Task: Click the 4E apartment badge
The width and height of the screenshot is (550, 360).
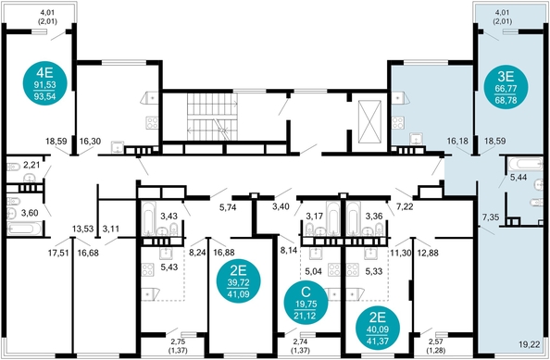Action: coord(44,84)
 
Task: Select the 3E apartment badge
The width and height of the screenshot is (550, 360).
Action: coord(506,87)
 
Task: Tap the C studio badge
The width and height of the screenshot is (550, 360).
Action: coord(306,303)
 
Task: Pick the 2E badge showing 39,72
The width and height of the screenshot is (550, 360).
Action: coord(239,281)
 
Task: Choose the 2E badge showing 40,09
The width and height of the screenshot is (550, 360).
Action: coord(378,329)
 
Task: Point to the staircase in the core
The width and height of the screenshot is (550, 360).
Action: coord(212,117)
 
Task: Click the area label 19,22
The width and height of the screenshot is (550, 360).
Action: coord(529,344)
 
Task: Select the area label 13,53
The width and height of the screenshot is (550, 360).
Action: coord(82,229)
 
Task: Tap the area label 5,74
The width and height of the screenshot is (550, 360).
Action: coord(228,207)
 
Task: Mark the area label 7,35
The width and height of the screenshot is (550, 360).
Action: coord(491,217)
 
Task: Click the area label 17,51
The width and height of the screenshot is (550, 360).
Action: coord(58,253)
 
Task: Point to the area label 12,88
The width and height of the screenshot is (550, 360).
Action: coord(429,253)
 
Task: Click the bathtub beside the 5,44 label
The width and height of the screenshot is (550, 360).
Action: coord(525,164)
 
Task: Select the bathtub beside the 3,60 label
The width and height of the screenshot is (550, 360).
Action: coord(24,229)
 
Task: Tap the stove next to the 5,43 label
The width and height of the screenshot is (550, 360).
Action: coord(147,270)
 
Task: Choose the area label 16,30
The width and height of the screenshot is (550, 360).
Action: coord(90,142)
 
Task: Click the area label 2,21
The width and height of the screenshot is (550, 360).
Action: coord(31,165)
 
